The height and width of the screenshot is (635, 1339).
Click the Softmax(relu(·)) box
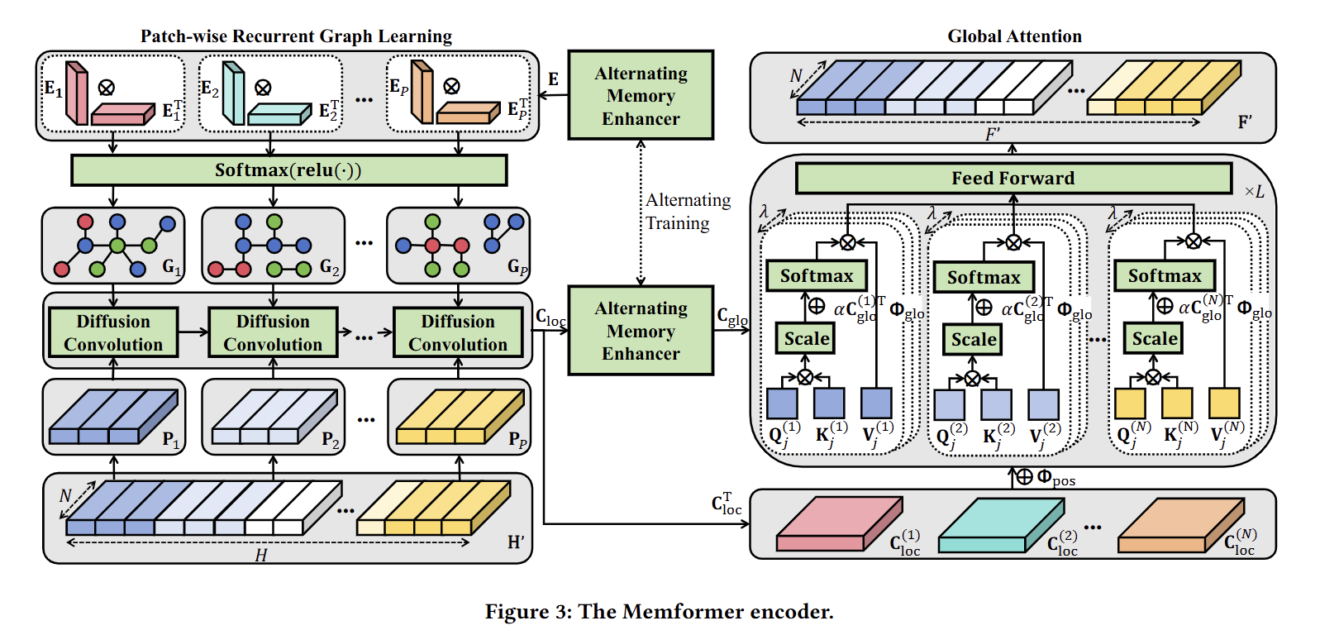tap(288, 170)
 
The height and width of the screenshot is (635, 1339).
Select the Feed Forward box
tap(1013, 178)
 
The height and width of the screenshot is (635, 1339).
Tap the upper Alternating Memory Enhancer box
tap(641, 96)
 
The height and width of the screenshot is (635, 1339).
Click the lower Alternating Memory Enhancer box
tap(641, 331)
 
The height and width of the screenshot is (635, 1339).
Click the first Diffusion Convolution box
tap(113, 332)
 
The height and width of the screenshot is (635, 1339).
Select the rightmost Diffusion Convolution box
tap(458, 332)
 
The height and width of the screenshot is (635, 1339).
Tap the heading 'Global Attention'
tap(1014, 36)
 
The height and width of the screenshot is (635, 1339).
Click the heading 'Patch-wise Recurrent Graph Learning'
tap(296, 36)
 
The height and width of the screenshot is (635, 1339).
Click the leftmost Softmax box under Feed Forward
tap(816, 276)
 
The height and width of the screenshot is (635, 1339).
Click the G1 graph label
tap(172, 267)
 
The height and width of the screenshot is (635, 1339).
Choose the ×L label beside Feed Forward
tap(1254, 192)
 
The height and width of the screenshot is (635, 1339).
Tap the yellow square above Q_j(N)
tap(1130, 403)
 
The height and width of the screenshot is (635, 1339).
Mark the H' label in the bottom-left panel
tap(516, 542)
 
